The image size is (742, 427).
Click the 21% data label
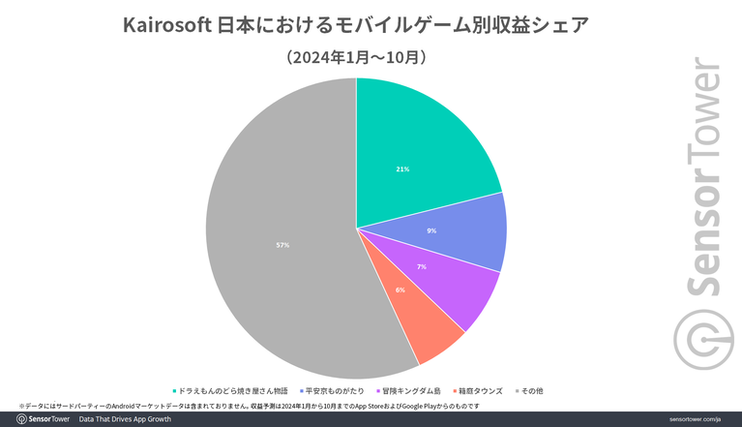402,169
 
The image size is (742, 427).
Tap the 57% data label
282,245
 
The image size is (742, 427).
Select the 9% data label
431,230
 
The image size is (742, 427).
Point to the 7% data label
421,266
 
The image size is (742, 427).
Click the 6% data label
400,290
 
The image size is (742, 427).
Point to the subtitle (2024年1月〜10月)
356,58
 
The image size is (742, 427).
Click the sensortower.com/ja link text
695,419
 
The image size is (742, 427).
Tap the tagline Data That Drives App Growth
125,419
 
